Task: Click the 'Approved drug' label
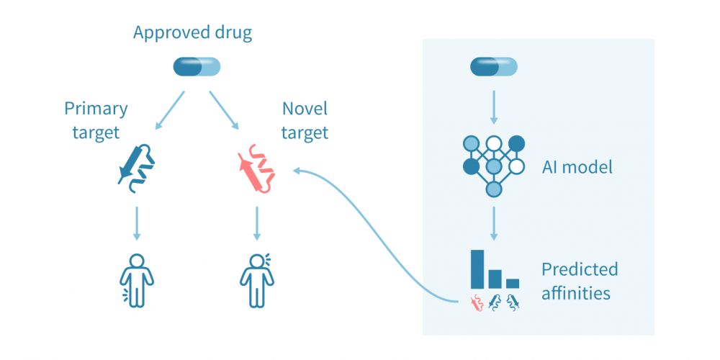coord(192,33)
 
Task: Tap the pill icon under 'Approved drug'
coord(197,68)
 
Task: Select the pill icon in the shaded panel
coord(493,68)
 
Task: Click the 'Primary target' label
coord(96,120)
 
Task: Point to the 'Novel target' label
coord(305,120)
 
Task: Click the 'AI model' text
coord(577,168)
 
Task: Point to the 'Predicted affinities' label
coord(579,281)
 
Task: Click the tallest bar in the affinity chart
coord(477,269)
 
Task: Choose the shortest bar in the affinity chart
coord(512,283)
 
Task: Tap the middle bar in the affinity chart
coord(495,278)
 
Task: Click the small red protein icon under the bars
coord(477,302)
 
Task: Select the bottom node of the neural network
coord(493,189)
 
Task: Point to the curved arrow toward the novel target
coord(374,230)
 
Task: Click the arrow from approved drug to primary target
coord(171,109)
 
